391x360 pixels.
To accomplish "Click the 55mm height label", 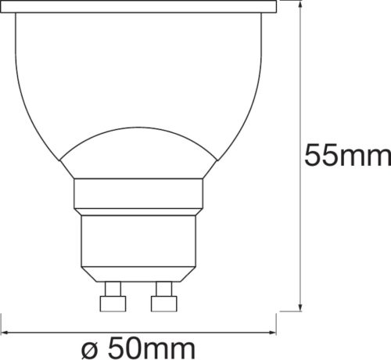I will [347, 156].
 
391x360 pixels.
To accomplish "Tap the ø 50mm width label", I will [139, 344].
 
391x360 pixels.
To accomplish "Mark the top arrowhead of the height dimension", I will [302, 5].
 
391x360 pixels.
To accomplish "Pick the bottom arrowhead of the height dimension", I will [302, 307].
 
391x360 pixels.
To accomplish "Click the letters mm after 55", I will [367, 156].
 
